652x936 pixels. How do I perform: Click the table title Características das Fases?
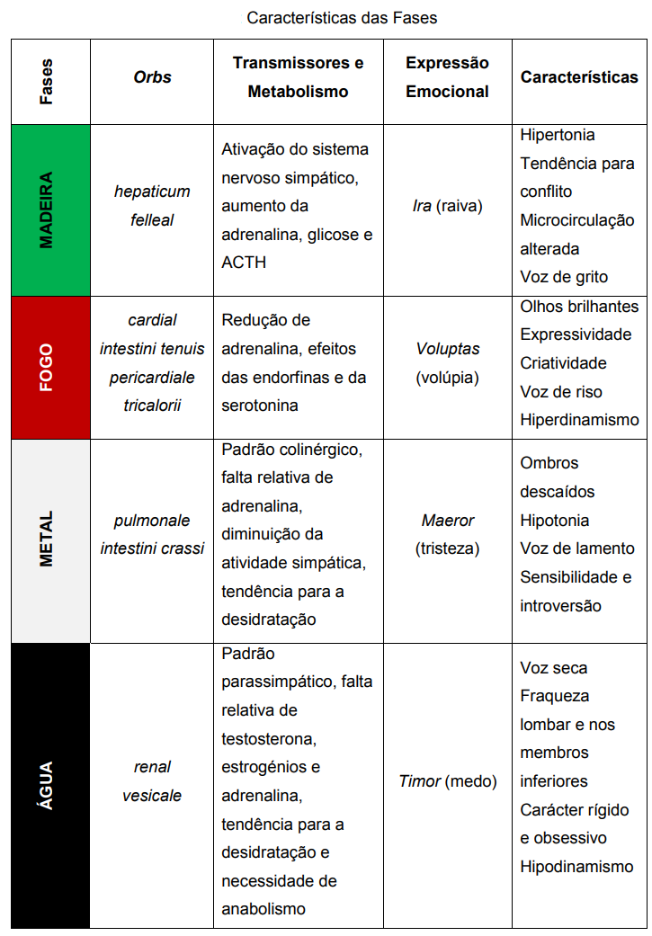click(x=342, y=17)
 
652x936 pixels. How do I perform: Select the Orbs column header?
click(x=152, y=77)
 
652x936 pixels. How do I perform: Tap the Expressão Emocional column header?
click(x=447, y=77)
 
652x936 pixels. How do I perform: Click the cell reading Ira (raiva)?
click(x=447, y=206)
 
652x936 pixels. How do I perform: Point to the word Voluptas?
click(x=447, y=349)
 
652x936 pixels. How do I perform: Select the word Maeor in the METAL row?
click(x=447, y=521)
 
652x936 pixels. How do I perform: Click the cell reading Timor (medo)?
click(x=447, y=781)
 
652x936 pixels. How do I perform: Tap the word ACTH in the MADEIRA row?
click(x=244, y=263)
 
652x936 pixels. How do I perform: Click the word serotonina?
click(x=260, y=406)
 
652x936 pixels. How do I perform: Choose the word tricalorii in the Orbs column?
click(x=152, y=406)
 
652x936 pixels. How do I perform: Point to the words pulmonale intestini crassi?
click(x=152, y=534)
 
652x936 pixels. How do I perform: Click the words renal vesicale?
click(x=152, y=781)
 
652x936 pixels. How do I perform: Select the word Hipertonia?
click(x=558, y=135)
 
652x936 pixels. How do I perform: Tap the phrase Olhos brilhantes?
click(x=579, y=307)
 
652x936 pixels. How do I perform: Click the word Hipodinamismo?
click(x=576, y=867)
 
